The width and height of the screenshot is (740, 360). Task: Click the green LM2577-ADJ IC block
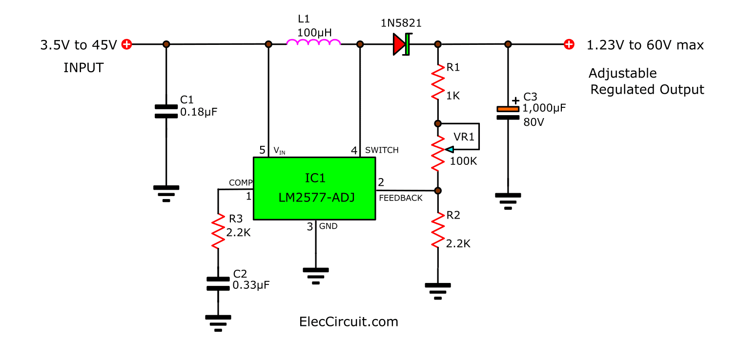click(x=314, y=188)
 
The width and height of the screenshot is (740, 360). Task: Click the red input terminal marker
click(x=126, y=44)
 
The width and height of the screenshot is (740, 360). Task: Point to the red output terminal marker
click(x=569, y=44)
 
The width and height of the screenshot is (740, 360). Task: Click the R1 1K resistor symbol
click(x=438, y=83)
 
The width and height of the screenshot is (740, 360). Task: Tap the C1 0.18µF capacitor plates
click(x=166, y=111)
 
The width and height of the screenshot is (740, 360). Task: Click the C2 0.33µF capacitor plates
click(x=218, y=283)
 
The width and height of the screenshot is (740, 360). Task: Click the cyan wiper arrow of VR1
click(x=450, y=149)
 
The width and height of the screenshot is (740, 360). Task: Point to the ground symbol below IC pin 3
click(x=316, y=275)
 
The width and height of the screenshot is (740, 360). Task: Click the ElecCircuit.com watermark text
click(x=348, y=322)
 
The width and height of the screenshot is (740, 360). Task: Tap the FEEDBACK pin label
click(x=400, y=198)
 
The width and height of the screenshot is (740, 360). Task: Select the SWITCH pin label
click(x=382, y=150)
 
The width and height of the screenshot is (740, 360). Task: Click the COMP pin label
click(x=240, y=182)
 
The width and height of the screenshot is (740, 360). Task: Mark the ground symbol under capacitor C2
click(x=218, y=322)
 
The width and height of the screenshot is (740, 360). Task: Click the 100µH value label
click(x=315, y=33)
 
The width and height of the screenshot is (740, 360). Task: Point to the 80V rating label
click(x=534, y=122)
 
